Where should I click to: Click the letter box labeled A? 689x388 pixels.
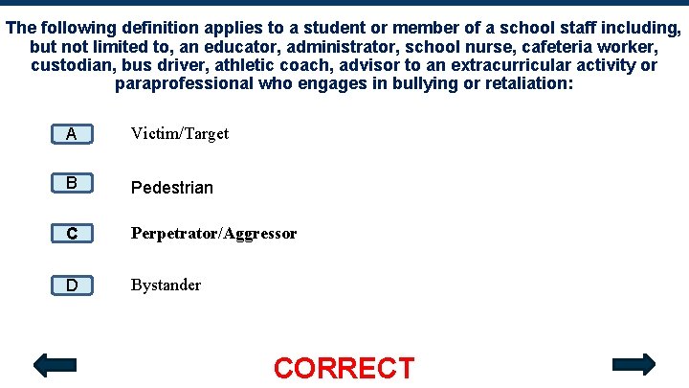tap(72, 134)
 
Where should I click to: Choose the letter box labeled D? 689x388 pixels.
tap(72, 285)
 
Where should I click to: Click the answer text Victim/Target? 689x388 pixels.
tap(180, 134)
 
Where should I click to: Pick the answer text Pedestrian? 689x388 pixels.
tap(172, 187)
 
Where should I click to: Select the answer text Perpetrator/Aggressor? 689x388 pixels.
tap(213, 234)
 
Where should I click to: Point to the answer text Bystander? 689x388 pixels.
tap(167, 285)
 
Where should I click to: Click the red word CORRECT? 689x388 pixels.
tap(344, 368)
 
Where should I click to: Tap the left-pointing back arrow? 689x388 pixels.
tap(55, 365)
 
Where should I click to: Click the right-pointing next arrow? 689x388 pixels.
tap(633, 364)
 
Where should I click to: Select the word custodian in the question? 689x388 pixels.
tap(70, 65)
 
